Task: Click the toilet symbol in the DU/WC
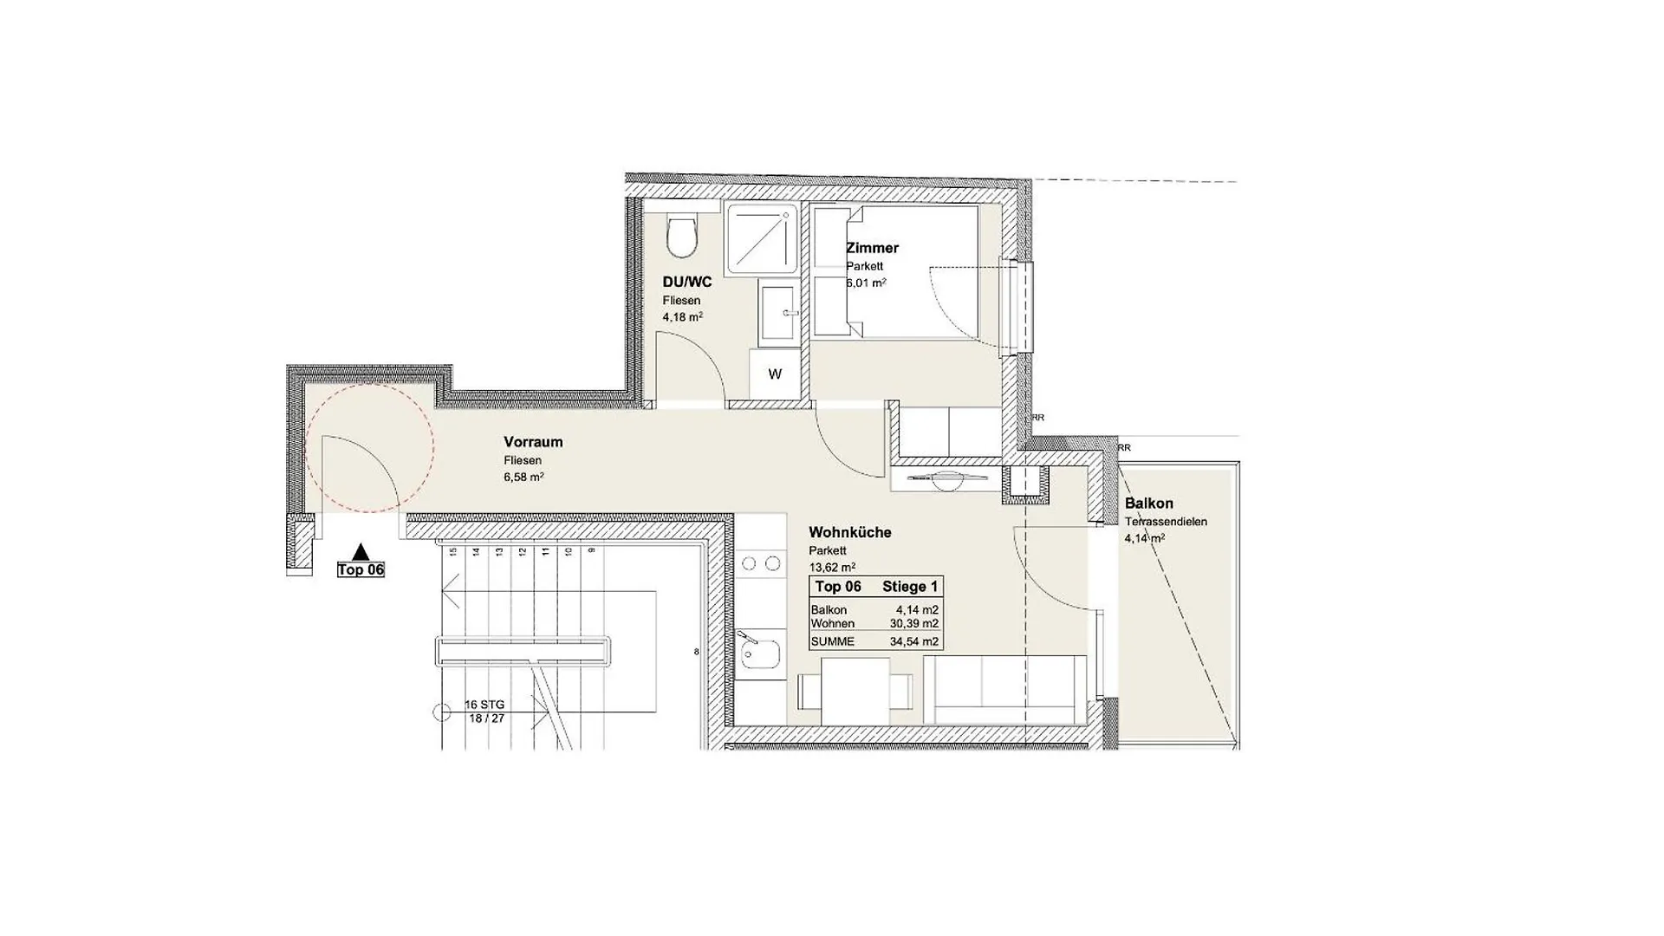tap(682, 237)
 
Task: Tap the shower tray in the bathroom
tap(762, 238)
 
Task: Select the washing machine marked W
tap(775, 374)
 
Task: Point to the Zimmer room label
tap(872, 248)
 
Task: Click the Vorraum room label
tap(533, 442)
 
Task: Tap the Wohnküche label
tap(849, 532)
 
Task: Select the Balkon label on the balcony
tap(1148, 504)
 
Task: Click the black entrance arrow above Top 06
tap(361, 552)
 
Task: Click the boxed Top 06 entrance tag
tap(361, 569)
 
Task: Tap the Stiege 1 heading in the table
tap(909, 587)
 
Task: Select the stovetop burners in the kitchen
tap(760, 565)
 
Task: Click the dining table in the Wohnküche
tap(855, 691)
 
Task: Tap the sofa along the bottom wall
tap(1004, 691)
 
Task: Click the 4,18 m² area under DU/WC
tap(682, 317)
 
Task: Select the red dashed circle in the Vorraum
tap(369, 448)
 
